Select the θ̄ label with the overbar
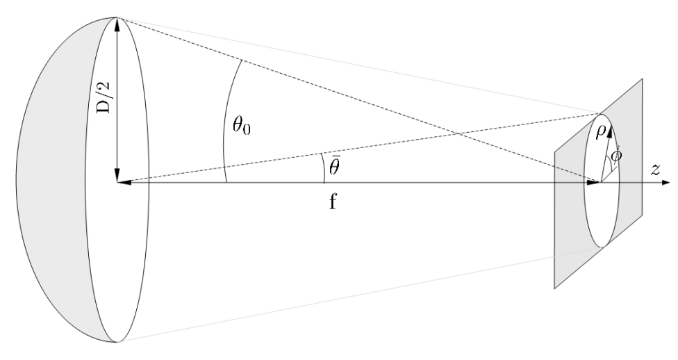point(335,167)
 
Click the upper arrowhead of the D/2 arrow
point(118,23)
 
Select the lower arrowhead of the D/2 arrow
point(118,175)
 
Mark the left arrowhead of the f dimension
point(123,183)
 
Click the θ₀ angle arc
point(224,125)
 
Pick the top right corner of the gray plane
point(643,79)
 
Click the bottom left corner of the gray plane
point(554,288)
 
